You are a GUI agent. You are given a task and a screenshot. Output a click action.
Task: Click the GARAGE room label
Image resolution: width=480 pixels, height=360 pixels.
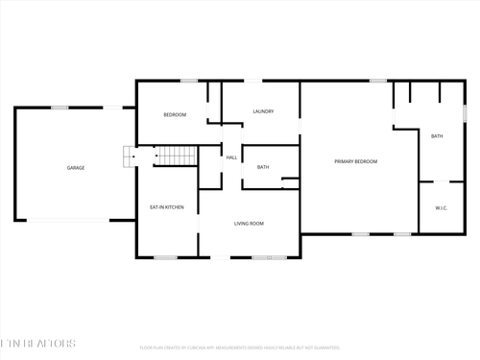[76, 168]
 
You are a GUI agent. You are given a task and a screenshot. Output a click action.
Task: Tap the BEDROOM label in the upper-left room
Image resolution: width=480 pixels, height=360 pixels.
[175, 115]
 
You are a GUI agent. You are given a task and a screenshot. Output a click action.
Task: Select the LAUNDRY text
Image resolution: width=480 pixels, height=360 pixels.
[263, 111]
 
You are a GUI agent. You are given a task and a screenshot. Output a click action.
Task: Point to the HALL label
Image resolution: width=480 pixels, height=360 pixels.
[231, 157]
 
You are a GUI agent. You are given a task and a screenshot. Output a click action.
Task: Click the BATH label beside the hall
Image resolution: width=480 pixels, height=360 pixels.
[263, 168]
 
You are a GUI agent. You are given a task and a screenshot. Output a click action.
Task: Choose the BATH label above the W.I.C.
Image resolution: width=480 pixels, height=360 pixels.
[437, 136]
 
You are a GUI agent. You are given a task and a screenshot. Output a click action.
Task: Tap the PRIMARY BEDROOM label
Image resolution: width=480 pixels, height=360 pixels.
[355, 161]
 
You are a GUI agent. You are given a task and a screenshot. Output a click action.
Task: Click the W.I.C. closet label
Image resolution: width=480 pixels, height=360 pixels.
[442, 207]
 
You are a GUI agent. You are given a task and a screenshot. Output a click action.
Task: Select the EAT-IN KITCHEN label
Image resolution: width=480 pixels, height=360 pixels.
[166, 207]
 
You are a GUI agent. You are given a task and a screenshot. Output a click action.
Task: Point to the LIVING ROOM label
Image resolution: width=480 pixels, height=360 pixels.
[249, 224]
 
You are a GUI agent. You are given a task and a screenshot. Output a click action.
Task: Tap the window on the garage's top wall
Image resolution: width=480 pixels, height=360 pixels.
[59, 108]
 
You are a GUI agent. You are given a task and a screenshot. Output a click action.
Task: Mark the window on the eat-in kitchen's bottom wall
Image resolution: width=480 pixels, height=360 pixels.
[166, 257]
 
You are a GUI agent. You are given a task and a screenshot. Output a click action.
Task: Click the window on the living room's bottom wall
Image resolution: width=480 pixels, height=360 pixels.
[262, 257]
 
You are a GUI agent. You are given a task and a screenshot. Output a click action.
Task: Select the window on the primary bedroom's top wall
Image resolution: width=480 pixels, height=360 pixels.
[378, 81]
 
